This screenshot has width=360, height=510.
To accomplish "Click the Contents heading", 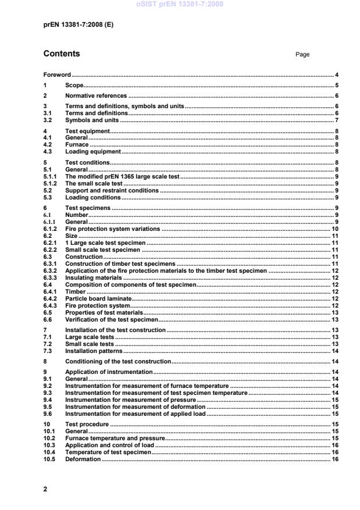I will pos(62,54).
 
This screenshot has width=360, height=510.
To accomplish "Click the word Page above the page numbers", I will pos(302,55).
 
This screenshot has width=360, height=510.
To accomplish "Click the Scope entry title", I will pos(74,85).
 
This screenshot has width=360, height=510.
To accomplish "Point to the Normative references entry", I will pos(95,95).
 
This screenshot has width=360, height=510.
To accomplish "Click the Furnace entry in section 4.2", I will pos(77,144).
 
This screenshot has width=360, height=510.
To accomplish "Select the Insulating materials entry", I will pos(93,278).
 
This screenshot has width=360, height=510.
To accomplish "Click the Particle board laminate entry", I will pos(98,298).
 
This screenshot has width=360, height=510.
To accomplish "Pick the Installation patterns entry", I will pos(93,351).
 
